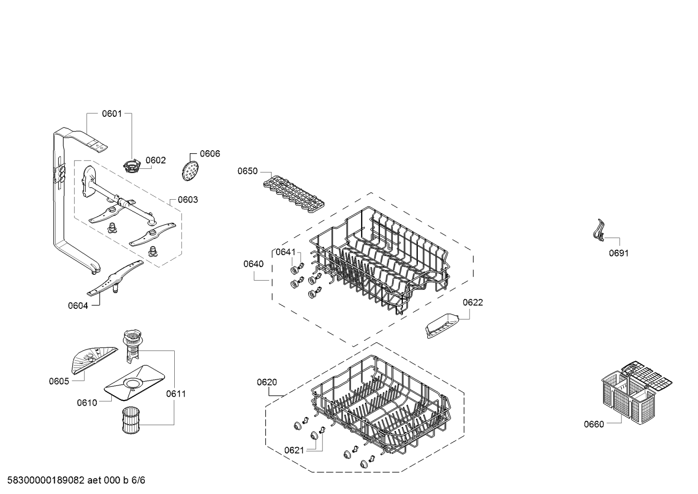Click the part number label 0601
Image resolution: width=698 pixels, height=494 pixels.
112,113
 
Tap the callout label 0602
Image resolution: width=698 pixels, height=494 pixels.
156,160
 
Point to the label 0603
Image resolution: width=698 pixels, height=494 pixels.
188,199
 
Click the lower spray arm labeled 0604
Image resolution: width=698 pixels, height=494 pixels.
115,278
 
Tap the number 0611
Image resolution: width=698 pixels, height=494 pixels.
176,394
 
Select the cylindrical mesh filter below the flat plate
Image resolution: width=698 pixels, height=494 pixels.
131,420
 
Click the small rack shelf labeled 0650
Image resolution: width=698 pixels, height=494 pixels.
293,195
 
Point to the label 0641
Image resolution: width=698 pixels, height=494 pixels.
286,252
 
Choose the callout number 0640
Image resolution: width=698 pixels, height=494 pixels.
253,264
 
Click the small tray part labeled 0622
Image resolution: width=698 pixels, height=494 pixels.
442,326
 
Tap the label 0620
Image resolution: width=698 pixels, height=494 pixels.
267,382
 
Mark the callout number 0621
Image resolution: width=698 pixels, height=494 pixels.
294,450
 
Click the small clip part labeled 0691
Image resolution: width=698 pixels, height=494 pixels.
598,230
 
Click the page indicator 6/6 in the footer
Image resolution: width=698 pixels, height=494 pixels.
138,480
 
